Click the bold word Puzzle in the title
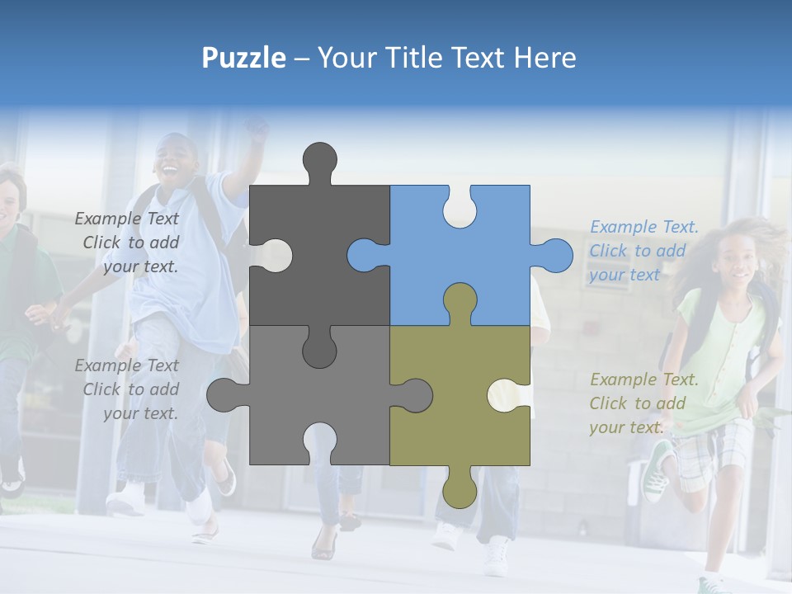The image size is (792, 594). (244, 58)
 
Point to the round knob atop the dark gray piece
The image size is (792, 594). (319, 158)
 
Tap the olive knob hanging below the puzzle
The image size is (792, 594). (460, 491)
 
